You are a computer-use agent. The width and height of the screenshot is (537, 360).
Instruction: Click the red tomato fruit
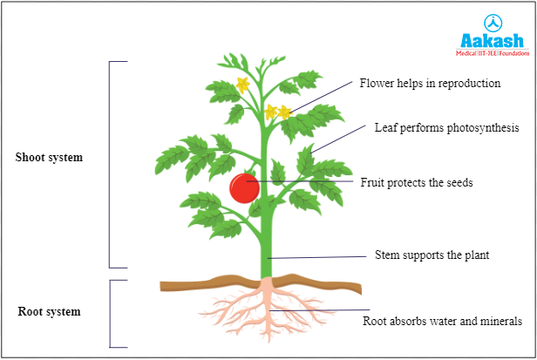tap(244, 188)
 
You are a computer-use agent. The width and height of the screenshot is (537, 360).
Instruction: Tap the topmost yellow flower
tap(242, 85)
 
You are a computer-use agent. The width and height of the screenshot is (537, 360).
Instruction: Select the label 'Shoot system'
tap(50, 158)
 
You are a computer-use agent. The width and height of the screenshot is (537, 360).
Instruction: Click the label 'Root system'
tap(49, 311)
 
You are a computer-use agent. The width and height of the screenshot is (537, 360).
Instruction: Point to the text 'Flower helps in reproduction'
tap(430, 84)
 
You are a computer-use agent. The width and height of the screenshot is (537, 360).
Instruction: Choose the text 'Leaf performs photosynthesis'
tap(447, 127)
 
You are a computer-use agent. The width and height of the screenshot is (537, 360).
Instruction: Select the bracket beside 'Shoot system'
tap(111, 164)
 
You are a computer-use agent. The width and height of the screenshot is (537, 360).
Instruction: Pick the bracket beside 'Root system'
tap(111, 314)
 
